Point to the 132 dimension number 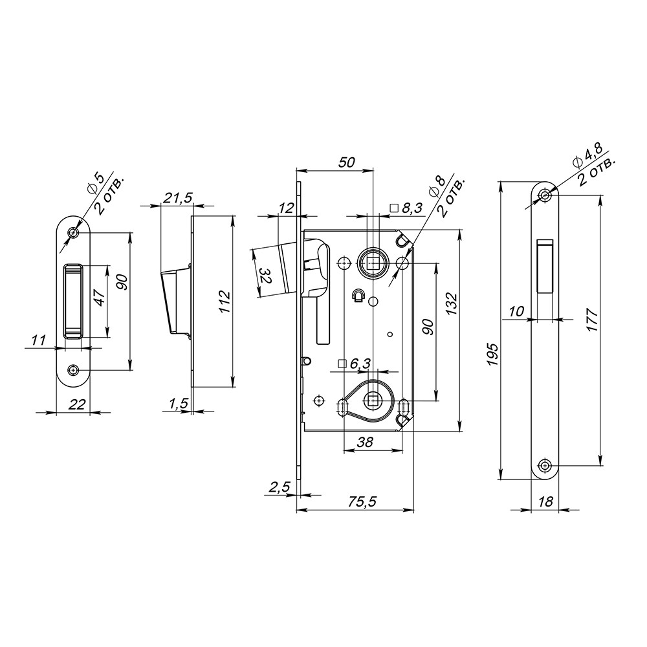click(x=451, y=303)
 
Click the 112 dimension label click(x=223, y=302)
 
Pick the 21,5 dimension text click(x=177, y=199)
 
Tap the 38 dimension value click(x=366, y=444)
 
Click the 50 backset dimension click(x=347, y=163)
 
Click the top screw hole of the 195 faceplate click(x=545, y=195)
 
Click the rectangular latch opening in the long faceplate click(x=545, y=265)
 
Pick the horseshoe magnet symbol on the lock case click(x=356, y=296)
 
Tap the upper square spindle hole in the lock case click(x=373, y=263)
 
